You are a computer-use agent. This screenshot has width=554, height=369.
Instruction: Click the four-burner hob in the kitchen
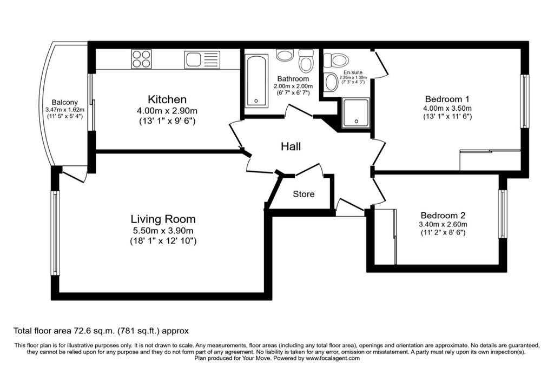tap(141, 59)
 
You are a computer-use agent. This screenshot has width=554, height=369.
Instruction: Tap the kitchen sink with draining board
tap(202, 59)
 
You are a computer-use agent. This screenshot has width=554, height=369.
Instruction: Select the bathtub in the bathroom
tap(256, 81)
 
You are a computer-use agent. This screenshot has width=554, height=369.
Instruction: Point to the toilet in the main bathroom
tap(306, 61)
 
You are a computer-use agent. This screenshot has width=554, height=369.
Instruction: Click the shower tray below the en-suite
tap(355, 112)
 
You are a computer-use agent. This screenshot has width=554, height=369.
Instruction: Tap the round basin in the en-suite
tap(331, 83)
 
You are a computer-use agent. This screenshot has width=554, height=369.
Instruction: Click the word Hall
tap(291, 146)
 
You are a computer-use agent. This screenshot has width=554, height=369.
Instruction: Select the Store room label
tap(304, 194)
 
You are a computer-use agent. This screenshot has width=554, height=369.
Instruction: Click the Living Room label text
tap(163, 219)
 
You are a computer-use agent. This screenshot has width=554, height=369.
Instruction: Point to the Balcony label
tap(65, 102)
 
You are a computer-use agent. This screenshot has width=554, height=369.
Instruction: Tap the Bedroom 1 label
tap(447, 99)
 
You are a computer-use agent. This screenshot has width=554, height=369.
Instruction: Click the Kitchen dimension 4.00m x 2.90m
tap(167, 111)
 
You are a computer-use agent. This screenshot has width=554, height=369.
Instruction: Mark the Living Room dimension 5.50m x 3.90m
tap(163, 231)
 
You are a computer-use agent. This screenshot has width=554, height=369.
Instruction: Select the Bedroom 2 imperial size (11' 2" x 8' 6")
tap(443, 233)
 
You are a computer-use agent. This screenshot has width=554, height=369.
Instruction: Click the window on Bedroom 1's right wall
tap(524, 101)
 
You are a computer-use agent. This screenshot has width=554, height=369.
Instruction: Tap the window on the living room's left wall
tap(55, 233)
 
